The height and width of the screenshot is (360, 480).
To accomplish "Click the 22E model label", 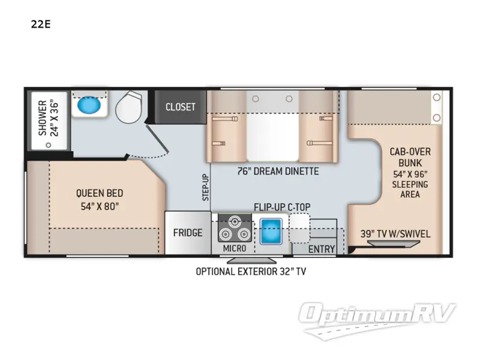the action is point(41,24).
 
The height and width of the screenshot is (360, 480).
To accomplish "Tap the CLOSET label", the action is point(181,107).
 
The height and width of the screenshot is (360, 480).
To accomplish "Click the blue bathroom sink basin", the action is point(89,105).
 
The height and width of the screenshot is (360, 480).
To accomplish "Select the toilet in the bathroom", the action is point(129,107).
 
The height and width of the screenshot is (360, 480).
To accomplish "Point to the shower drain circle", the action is point(49,145).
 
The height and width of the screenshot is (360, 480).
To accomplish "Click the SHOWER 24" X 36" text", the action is point(48,118).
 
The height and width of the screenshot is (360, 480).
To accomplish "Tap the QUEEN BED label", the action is point(100,193).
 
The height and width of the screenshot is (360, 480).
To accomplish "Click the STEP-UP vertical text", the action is point(206,187).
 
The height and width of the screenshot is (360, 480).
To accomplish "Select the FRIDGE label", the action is point(188,233).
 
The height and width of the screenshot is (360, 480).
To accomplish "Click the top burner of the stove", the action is point(235,221).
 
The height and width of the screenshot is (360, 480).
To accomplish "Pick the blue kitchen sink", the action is point(271,232).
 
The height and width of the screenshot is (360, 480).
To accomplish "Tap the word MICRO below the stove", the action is point(235,248).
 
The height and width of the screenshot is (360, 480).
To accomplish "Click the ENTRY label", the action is point(322,249).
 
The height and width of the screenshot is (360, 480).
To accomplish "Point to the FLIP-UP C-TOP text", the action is point(282,207).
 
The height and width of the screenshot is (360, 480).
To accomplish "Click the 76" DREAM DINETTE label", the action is point(278,171).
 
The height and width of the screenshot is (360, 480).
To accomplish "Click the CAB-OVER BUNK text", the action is point(410,157).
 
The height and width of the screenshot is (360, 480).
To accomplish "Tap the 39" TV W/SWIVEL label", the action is point(395,234).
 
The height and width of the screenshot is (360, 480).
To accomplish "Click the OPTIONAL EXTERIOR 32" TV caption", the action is point(251,272).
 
